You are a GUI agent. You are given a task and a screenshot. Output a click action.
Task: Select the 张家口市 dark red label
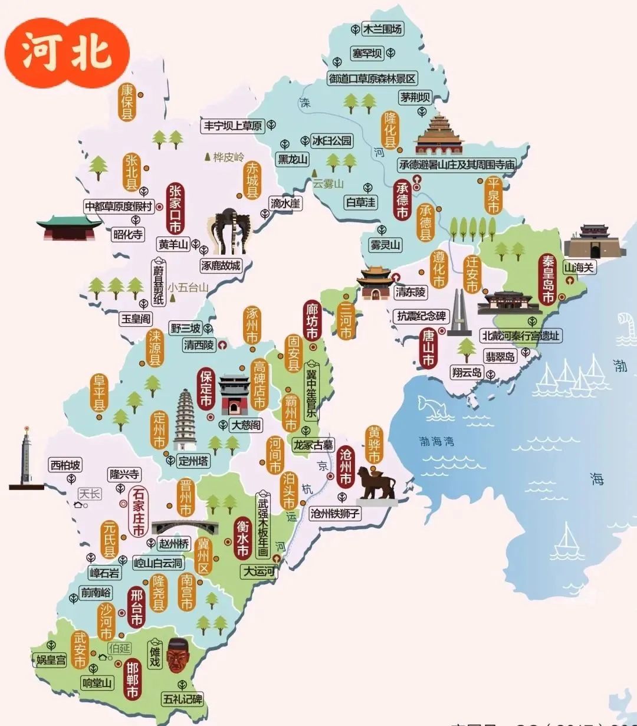click(x=175, y=209)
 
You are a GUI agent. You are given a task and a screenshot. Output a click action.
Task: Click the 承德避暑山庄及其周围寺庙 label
click(x=457, y=165)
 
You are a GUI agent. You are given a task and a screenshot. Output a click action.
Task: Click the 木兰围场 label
click(x=382, y=29)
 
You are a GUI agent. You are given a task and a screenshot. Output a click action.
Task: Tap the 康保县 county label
click(x=127, y=102)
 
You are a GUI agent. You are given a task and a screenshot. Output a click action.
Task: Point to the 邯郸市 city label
click(x=133, y=679)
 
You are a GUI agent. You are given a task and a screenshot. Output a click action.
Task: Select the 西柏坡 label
click(x=65, y=465)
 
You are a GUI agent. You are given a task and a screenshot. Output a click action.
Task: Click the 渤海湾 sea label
click(x=436, y=441)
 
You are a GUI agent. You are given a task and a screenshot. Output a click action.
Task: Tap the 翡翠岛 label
click(x=500, y=356)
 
